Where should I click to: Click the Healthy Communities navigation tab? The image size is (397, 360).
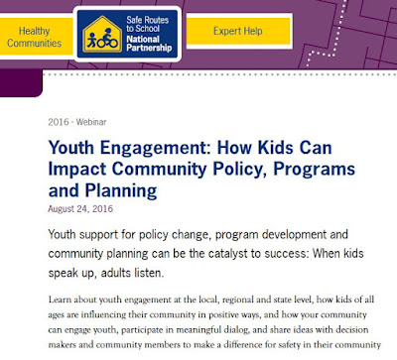[35, 37]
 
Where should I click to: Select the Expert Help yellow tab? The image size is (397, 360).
[238, 31]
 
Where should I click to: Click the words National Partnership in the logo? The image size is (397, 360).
[149, 44]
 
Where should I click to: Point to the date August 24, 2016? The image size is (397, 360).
[80, 209]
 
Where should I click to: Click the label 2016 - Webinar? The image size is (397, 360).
[77, 122]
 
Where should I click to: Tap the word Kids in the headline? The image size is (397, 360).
[276, 147]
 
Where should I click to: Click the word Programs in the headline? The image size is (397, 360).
[315, 170]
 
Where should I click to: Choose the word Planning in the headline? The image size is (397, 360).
[121, 191]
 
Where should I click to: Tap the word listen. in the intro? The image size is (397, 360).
[149, 273]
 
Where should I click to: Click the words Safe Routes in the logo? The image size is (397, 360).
[147, 20]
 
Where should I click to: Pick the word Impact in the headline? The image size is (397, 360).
[77, 170]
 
